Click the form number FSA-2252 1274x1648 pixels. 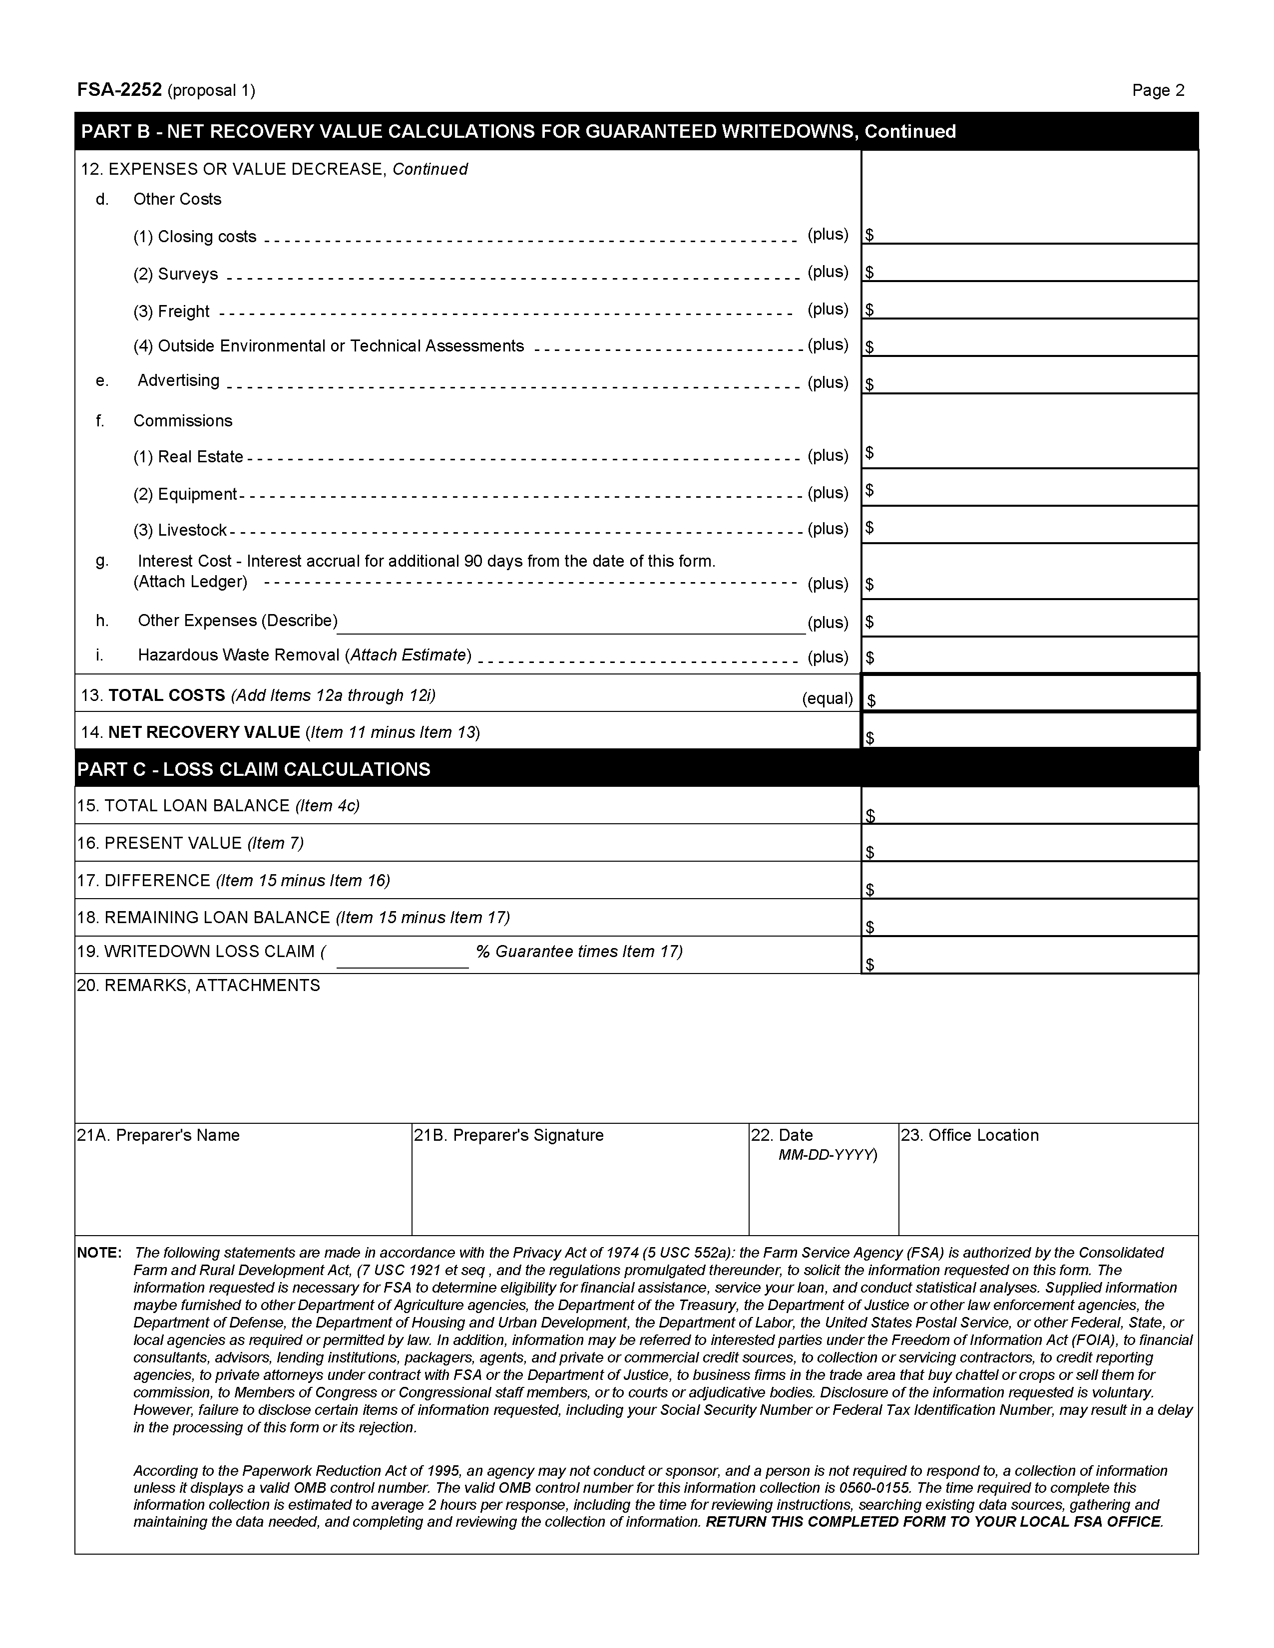coord(119,90)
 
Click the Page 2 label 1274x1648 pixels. coord(1158,90)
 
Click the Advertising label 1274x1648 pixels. coord(178,381)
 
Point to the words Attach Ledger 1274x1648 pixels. coord(190,582)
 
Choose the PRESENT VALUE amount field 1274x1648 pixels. coord(1030,844)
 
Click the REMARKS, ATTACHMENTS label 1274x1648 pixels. coord(198,986)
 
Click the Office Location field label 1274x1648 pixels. coord(969,1136)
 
